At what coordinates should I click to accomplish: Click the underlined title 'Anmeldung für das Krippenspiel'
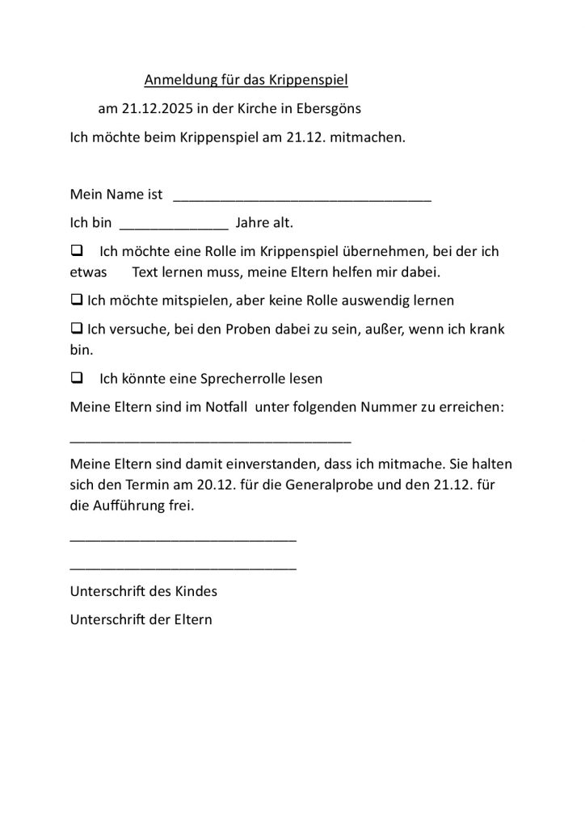(246, 80)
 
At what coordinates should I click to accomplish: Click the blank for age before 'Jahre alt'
(174, 225)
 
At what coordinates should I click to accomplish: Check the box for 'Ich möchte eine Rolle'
(78, 251)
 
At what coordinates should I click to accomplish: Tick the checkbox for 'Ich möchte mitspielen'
(77, 300)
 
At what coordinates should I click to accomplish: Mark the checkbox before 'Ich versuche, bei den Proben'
(77, 329)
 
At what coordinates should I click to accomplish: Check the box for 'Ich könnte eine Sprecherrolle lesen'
(78, 377)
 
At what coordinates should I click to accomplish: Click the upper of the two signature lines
(183, 539)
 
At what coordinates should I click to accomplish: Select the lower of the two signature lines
(183, 569)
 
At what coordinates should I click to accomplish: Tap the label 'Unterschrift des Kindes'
(144, 591)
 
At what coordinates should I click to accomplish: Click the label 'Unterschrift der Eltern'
(141, 620)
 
